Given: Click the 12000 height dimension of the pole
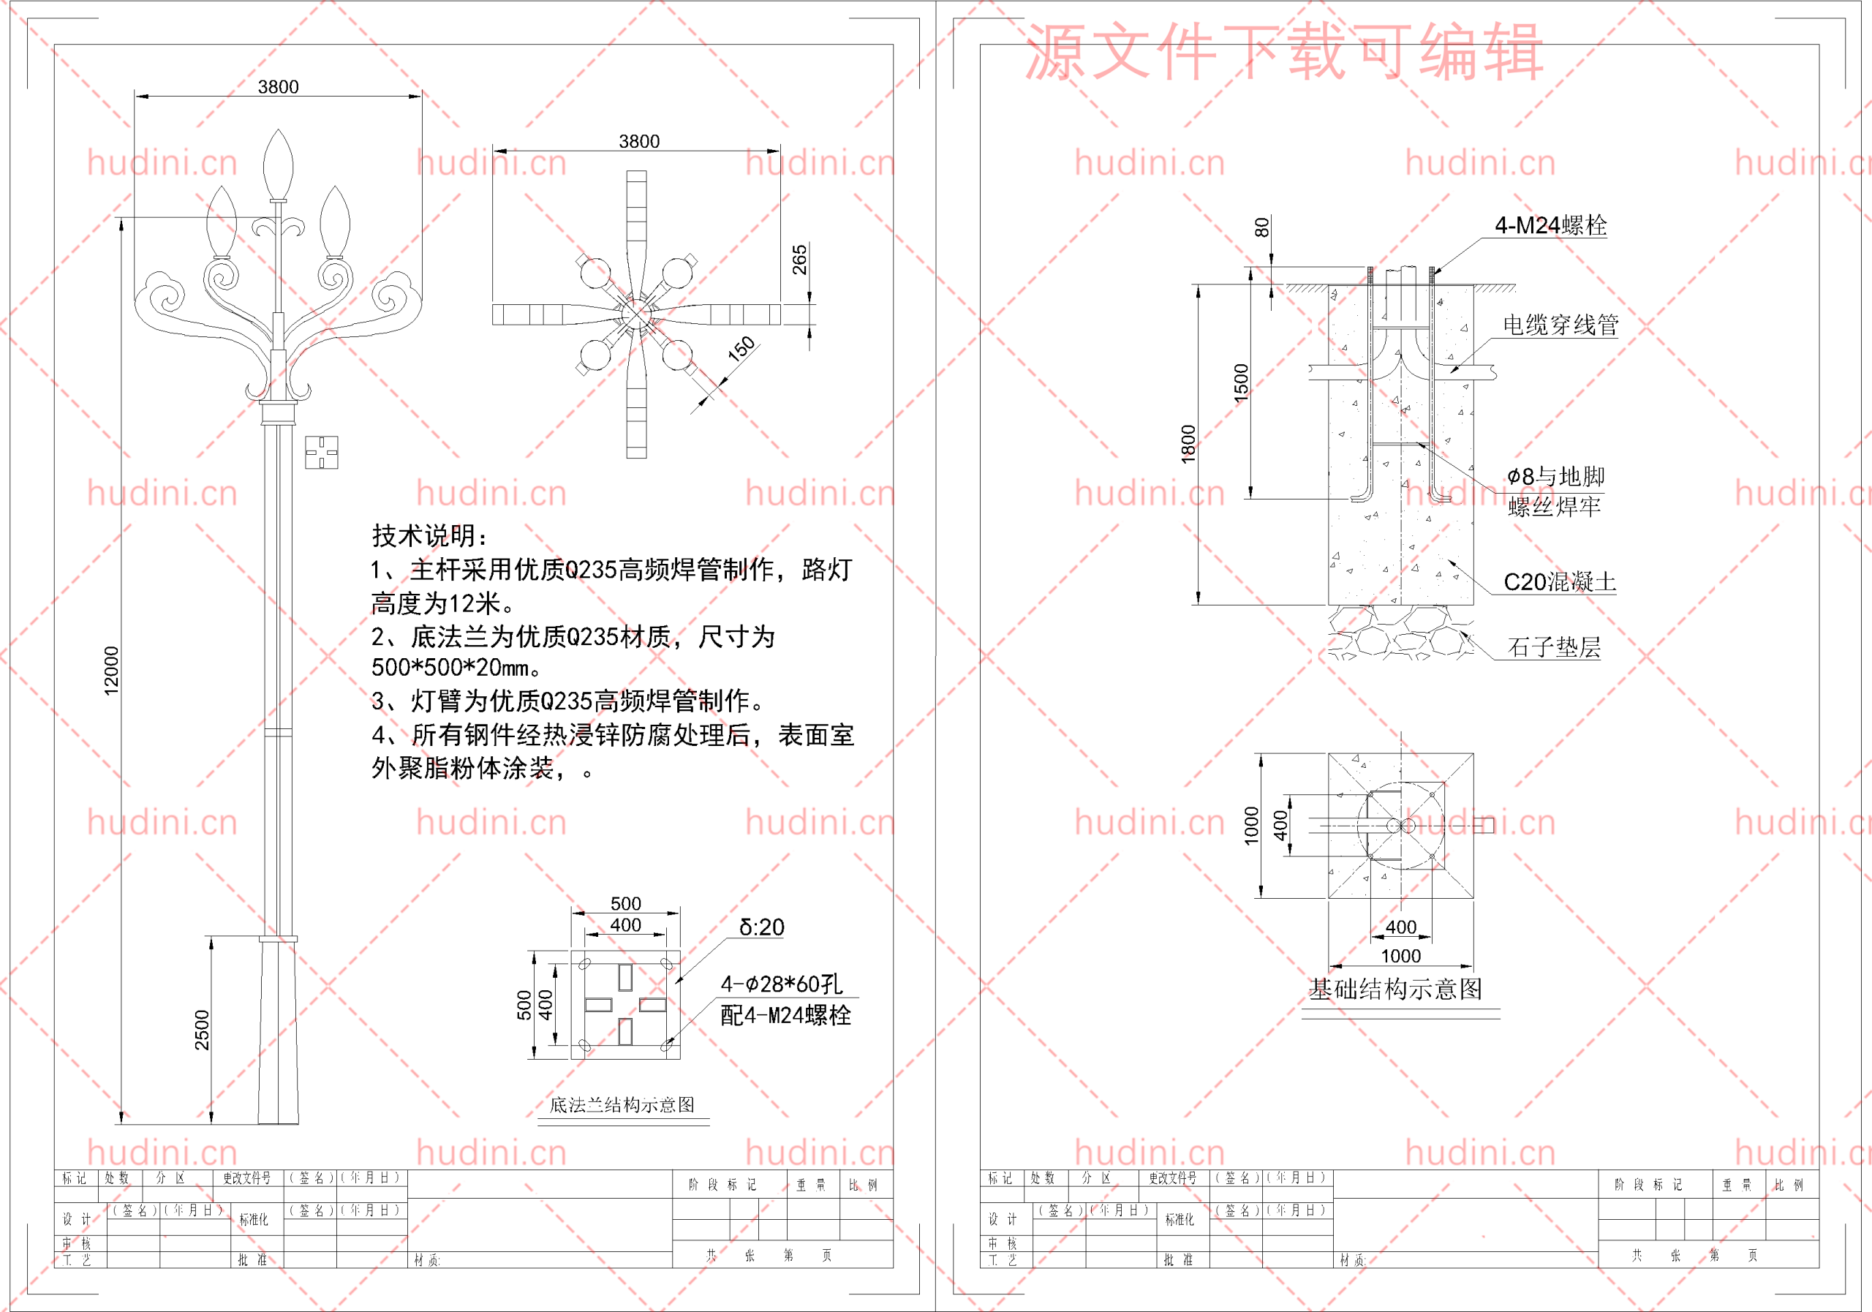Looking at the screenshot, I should tap(112, 671).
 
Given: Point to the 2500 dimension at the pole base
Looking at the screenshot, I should tap(201, 1029).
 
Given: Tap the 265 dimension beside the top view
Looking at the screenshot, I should tap(799, 260).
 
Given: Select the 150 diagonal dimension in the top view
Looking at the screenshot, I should tap(741, 349).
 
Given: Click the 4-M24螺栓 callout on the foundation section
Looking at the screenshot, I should tap(1550, 226).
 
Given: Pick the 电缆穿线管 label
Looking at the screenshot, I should tap(1560, 325).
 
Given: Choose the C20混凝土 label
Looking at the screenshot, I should tap(1559, 582).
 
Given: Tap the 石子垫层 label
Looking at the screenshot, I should tap(1554, 647).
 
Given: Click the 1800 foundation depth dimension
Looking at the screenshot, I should tap(1188, 445).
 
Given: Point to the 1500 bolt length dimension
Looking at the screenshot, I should tap(1241, 383).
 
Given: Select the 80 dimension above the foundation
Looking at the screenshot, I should tap(1261, 227).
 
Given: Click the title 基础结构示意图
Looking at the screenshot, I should tap(1395, 989).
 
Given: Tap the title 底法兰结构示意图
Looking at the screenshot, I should tap(622, 1105).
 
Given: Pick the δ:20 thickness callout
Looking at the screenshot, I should tap(761, 927).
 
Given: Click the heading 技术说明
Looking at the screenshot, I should tap(430, 536).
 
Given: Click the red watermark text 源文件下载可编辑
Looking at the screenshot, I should tap(1283, 52).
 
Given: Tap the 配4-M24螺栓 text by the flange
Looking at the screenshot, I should tap(785, 1015).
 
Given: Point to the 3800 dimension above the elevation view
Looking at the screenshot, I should tap(278, 86).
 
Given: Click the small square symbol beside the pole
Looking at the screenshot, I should tap(321, 452).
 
